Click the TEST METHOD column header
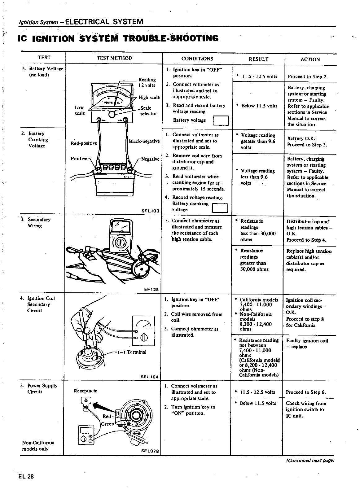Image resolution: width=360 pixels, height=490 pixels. [x=114, y=58]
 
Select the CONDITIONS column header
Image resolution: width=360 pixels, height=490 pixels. [x=197, y=59]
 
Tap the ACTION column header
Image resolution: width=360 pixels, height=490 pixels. [x=310, y=59]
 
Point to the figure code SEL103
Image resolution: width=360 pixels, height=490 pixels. [x=150, y=211]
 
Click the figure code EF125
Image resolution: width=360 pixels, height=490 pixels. [x=151, y=290]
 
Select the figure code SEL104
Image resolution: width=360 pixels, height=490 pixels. [x=150, y=377]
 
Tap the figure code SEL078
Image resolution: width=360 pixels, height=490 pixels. [x=150, y=451]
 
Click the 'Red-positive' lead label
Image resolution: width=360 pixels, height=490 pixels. [x=84, y=143]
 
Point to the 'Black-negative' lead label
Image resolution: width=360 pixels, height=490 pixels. [x=144, y=141]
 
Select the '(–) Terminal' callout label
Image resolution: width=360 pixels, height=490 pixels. [x=132, y=352]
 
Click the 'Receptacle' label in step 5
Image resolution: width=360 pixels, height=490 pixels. [x=85, y=391]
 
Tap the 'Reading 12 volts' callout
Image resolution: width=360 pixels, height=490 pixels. [x=147, y=82]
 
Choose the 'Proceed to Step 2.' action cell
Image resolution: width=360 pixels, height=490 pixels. [x=308, y=77]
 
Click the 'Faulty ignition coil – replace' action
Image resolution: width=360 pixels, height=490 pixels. [x=307, y=343]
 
